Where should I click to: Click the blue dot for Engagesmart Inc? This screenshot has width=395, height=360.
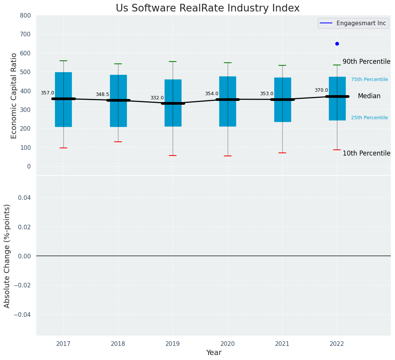[337, 44]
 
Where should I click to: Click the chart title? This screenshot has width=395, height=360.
[207, 8]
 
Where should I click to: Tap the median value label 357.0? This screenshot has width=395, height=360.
[47, 93]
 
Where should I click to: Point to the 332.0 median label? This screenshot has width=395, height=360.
[157, 98]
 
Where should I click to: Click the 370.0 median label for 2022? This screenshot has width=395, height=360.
[321, 90]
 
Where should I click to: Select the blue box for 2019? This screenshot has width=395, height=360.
[173, 115]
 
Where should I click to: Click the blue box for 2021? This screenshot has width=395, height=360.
[283, 111]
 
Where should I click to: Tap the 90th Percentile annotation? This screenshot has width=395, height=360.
[366, 62]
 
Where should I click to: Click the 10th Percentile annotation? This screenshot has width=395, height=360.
[366, 153]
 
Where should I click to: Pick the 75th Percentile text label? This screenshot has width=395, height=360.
[369, 79]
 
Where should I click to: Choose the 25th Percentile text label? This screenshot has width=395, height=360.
[369, 118]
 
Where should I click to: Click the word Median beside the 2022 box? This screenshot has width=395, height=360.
[369, 96]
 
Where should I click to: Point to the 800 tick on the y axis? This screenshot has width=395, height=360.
[25, 16]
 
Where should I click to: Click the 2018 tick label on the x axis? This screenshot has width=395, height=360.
[118, 344]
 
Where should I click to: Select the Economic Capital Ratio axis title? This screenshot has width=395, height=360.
[14, 96]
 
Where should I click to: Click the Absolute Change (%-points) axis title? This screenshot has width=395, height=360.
[7, 256]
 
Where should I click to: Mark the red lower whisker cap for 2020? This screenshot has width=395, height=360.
[228, 156]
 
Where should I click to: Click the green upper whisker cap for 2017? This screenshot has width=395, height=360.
[63, 61]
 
